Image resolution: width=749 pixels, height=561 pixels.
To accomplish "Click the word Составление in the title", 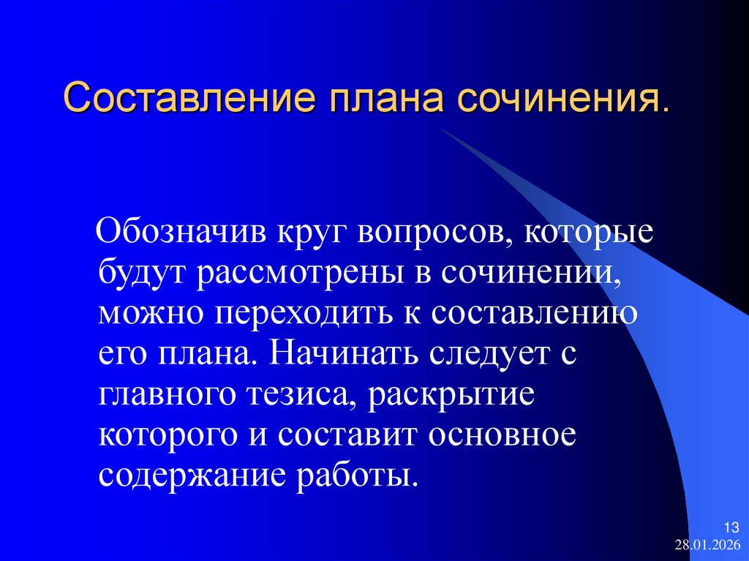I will click(x=185, y=97).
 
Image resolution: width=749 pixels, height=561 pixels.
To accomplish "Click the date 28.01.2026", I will click(x=707, y=546).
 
